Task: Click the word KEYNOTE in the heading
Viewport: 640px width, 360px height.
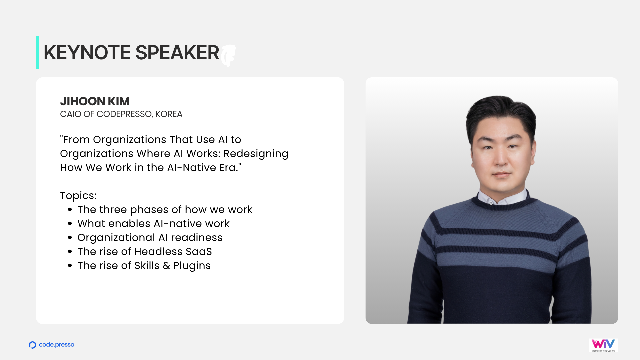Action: click(x=87, y=53)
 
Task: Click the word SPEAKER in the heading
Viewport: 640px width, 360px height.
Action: click(x=177, y=53)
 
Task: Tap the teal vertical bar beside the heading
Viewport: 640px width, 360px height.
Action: click(x=38, y=52)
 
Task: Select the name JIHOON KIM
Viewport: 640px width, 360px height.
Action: click(x=95, y=101)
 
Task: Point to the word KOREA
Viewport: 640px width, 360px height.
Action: click(x=169, y=114)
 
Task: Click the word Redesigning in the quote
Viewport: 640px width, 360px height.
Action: click(x=256, y=154)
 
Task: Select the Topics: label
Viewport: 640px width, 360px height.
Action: click(x=78, y=196)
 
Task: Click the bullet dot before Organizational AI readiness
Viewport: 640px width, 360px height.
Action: click(x=70, y=238)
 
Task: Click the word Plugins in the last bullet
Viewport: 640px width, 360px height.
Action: click(x=192, y=266)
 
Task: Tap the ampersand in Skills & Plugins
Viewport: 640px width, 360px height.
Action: click(x=166, y=266)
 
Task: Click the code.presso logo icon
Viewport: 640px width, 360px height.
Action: click(x=32, y=345)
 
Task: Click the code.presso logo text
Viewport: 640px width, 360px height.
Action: click(x=57, y=345)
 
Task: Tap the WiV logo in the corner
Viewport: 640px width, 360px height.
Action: click(x=603, y=345)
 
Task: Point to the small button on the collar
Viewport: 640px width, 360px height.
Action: click(x=491, y=203)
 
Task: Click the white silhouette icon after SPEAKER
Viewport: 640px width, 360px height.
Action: click(x=229, y=55)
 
